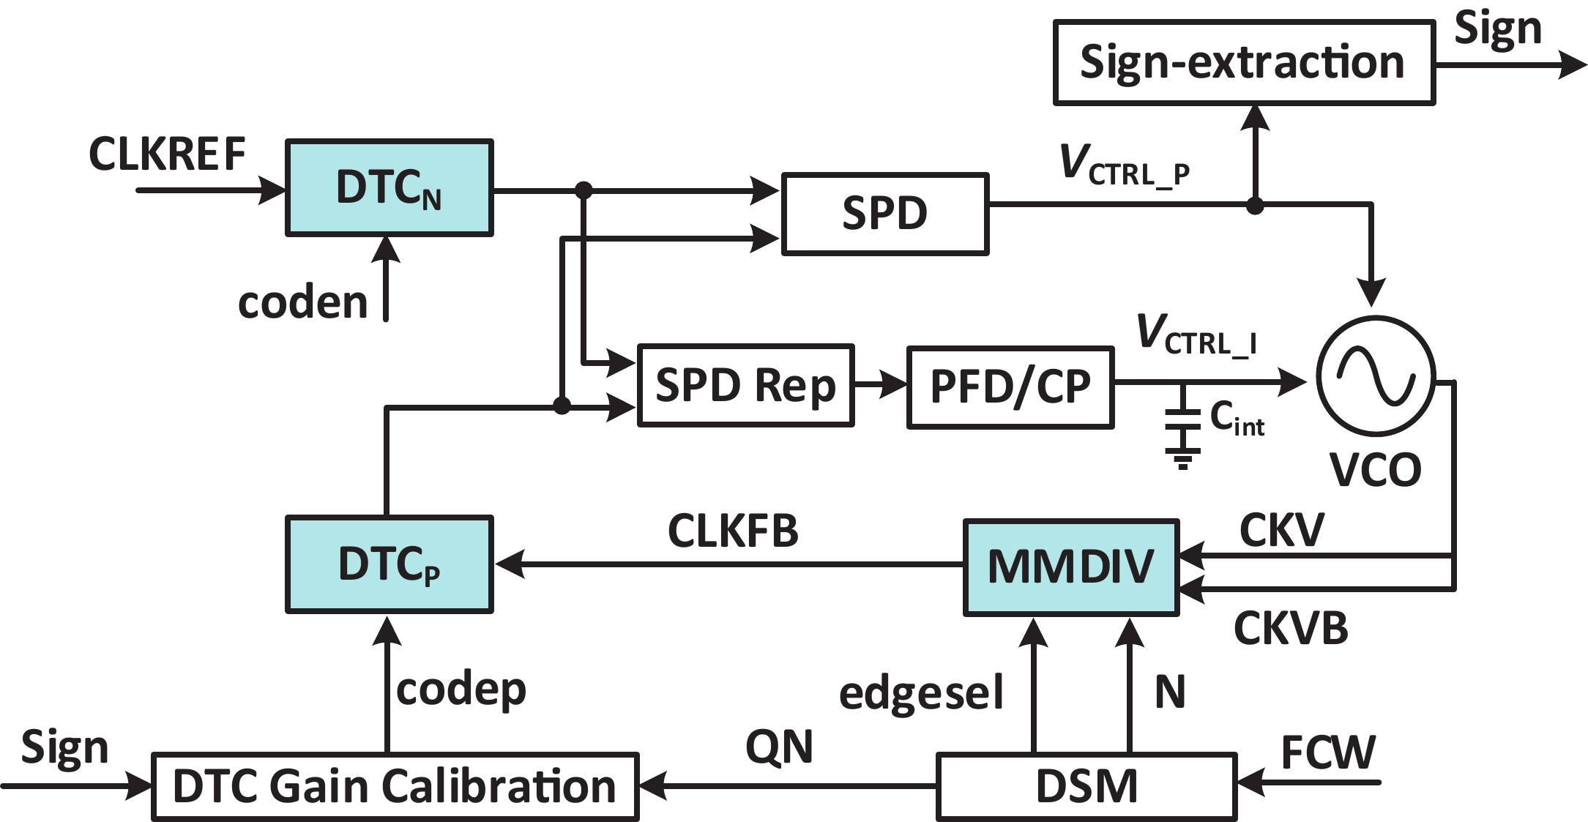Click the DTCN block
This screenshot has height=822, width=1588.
tap(389, 188)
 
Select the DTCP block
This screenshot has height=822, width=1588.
tap(389, 564)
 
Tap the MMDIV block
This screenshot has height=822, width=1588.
tap(1070, 567)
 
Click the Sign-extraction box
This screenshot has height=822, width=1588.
tap(1243, 63)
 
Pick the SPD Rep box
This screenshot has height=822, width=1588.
tap(745, 385)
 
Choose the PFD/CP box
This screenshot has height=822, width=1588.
tap(1010, 387)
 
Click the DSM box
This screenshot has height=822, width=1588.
tap(1086, 786)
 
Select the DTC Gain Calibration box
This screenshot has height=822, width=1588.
tap(395, 786)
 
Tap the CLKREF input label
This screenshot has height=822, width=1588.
tap(167, 154)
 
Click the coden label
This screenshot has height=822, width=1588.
tap(302, 302)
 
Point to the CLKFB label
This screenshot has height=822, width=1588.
tap(733, 531)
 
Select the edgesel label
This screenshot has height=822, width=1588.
tap(921, 693)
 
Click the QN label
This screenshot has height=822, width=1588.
tap(779, 747)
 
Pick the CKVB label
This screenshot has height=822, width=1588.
tap(1291, 628)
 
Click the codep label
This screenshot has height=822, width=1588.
tap(461, 690)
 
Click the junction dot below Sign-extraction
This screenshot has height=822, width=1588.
tap(1256, 206)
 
